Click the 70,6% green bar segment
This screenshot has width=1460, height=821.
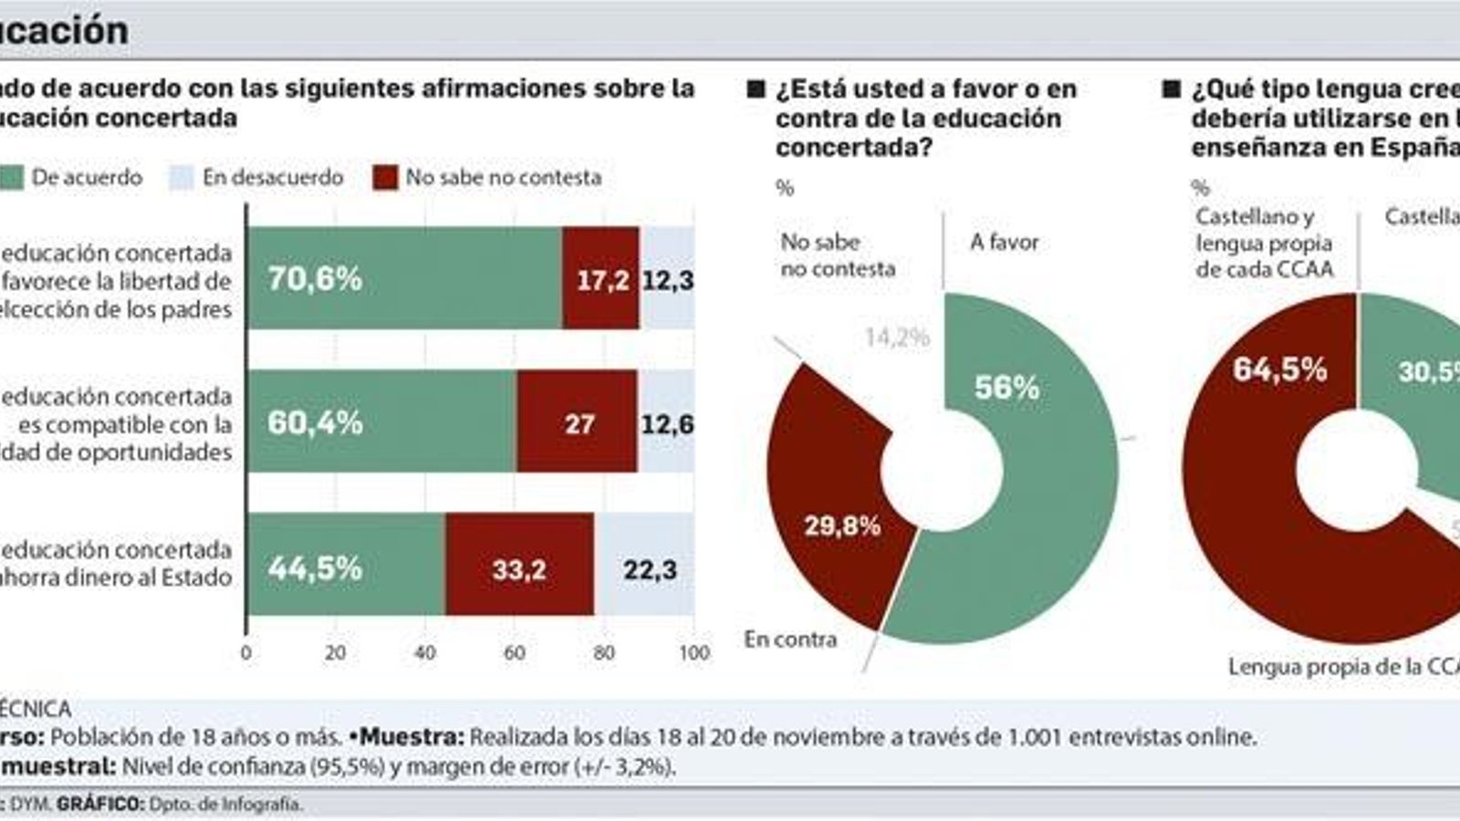point(404,278)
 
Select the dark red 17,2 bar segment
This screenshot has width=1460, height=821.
point(601,278)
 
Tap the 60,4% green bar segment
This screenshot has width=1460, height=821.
point(381,421)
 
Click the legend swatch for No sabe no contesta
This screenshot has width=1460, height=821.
point(386,178)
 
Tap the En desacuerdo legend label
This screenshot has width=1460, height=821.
point(272,178)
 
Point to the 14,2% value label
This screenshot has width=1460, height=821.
point(896,338)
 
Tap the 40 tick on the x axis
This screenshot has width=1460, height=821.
point(424,652)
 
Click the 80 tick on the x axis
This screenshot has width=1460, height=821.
point(604,652)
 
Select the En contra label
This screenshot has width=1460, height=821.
point(790,639)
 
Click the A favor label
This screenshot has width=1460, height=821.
point(1004,242)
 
